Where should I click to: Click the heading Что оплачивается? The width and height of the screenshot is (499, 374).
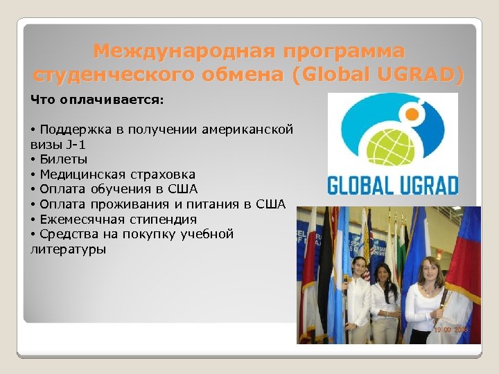click(97, 100)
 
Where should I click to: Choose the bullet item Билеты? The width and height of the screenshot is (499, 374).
click(59, 159)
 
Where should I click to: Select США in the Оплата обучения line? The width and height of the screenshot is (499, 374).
click(183, 189)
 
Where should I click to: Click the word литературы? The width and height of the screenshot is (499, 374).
click(69, 249)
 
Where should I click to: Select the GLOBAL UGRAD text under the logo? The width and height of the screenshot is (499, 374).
click(392, 186)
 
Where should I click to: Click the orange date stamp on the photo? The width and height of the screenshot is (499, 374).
click(450, 330)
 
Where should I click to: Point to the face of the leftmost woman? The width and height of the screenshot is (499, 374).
click(358, 267)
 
